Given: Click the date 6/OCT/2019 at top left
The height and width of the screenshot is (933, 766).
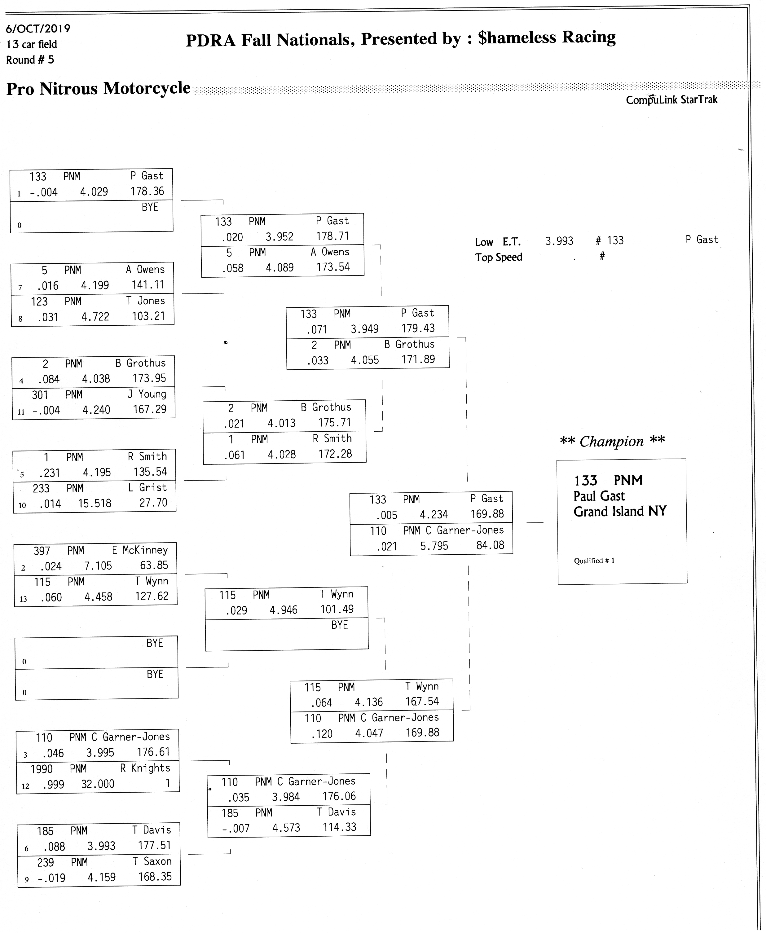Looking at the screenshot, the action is (38, 29).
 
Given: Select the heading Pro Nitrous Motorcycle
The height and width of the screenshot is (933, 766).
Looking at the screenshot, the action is (99, 89).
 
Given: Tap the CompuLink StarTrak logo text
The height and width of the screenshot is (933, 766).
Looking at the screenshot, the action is (671, 100).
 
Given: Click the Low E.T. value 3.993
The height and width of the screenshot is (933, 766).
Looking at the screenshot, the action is (559, 241).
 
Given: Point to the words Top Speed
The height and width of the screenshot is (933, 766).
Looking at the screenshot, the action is (499, 257).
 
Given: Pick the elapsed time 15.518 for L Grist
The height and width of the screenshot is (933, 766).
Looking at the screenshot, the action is (95, 503).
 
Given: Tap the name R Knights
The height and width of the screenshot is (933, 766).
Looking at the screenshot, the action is (145, 768).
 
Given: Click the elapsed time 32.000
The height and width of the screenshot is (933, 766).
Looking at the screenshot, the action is (98, 784).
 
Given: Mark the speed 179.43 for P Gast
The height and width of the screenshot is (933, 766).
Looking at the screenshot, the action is (418, 328).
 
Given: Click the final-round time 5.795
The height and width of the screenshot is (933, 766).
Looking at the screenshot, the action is (434, 546).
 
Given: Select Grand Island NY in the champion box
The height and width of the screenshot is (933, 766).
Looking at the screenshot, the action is (620, 512).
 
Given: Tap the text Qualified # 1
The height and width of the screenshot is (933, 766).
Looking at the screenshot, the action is (594, 561).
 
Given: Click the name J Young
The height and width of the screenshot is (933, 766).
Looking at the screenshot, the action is (147, 394).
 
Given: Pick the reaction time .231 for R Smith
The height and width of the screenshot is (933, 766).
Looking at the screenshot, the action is (49, 473).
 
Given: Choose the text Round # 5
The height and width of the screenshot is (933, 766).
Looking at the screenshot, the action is (30, 60).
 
